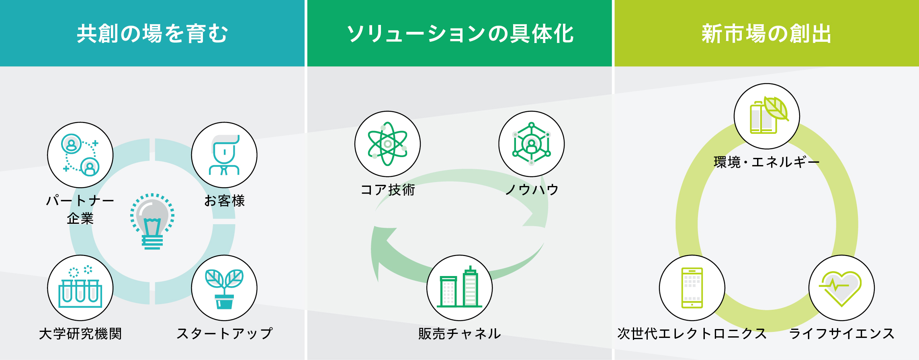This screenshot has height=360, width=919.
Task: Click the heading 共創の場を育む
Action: (152, 33)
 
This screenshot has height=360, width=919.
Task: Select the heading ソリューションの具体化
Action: (460, 33)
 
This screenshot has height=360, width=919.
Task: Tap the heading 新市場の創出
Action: (766, 33)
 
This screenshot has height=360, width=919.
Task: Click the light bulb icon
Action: (152, 221)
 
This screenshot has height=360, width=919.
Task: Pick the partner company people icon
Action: (80, 155)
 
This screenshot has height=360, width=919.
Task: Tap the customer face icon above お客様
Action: (224, 155)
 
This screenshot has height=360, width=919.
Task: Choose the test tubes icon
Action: (80, 287)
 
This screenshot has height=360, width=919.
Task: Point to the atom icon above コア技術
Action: (387, 144)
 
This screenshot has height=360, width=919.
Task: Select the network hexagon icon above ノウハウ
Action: (531, 144)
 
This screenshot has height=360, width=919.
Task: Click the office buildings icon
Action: (459, 287)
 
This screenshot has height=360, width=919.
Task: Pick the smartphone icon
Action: (692, 288)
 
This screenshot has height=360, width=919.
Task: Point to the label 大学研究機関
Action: (80, 333)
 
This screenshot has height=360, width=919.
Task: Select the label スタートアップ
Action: (224, 333)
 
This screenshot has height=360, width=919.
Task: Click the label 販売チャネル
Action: (459, 333)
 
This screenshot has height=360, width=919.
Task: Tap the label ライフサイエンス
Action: (841, 333)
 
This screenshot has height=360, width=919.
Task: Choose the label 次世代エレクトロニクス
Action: (692, 333)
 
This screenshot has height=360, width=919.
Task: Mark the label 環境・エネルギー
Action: (767, 162)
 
